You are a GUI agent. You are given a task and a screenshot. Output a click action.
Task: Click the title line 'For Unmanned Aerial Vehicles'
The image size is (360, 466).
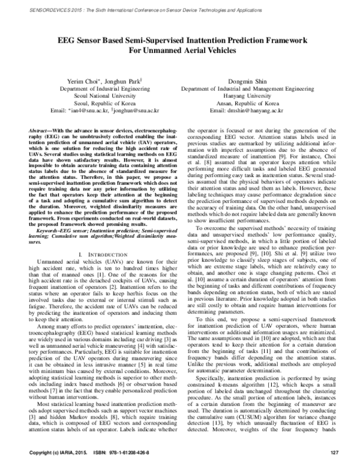tap(179, 51)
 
